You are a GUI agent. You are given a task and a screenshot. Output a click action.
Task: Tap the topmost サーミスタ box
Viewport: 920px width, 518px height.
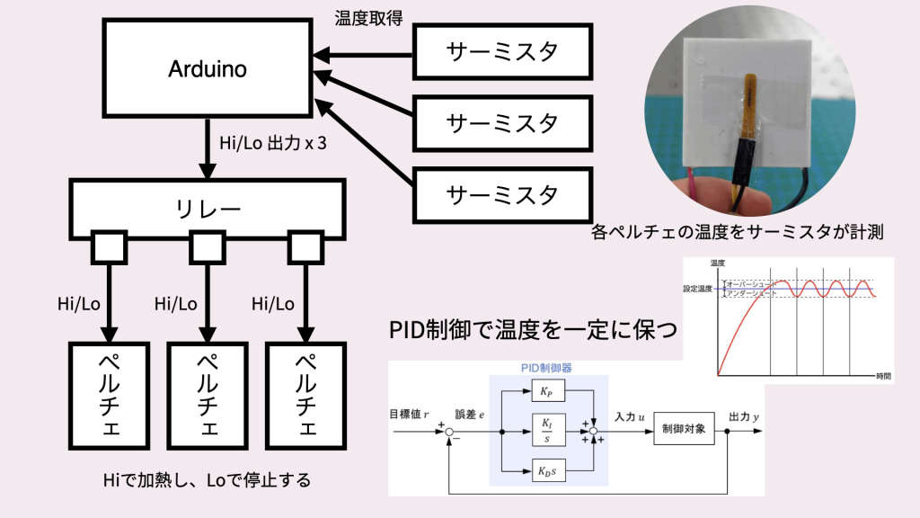tap(501, 50)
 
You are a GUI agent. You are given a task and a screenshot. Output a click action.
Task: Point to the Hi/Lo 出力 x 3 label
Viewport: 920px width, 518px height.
tap(272, 142)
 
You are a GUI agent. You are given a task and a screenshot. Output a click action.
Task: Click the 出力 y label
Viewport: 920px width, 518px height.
tap(745, 416)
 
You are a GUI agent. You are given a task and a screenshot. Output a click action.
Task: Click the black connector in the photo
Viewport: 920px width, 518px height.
tap(747, 155)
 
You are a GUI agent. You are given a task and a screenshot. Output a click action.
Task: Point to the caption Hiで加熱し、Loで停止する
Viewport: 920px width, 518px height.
tap(208, 480)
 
